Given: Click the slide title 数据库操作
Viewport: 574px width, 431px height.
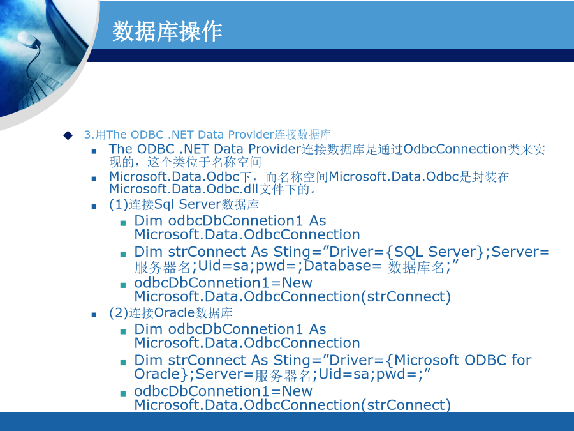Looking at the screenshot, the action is pos(167,31).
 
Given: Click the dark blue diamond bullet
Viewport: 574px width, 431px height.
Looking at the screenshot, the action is pos(68,135).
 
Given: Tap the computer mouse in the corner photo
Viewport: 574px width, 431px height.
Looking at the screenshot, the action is pos(28,39).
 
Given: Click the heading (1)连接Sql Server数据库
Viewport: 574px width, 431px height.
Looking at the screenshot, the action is pos(184,204).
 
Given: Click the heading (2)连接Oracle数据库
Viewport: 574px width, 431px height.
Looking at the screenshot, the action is pos(170,313).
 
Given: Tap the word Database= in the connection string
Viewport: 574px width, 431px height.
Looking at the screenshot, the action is pos(342,266).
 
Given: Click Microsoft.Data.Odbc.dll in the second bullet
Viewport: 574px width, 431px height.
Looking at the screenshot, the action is pos(184,189).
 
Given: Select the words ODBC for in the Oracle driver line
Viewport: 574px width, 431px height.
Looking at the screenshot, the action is pos(497,360).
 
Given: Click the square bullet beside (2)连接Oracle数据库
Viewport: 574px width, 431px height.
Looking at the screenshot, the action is pos(94,314).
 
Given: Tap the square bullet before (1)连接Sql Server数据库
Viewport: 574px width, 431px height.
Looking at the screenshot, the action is pos(94,206).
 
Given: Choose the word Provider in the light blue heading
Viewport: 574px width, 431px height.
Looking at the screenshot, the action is pos(251,135).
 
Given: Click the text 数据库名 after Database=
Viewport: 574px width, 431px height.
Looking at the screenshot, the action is pos(416,267).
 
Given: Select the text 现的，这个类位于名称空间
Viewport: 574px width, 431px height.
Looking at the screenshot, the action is pos(185,162).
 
